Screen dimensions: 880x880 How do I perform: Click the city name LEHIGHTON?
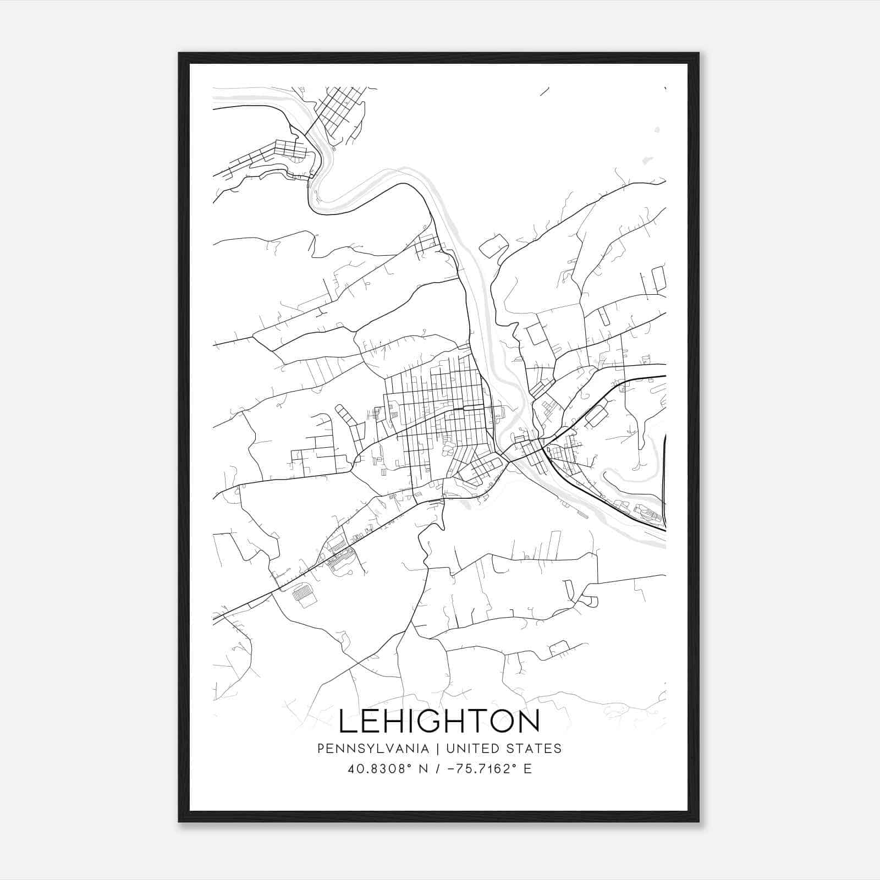point(439,722)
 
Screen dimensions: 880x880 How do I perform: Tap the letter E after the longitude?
point(527,769)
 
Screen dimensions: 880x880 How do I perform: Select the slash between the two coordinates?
point(438,769)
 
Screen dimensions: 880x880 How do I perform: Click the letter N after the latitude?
point(424,769)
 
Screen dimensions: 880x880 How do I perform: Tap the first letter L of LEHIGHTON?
point(348,722)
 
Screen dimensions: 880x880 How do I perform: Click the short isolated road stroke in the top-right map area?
point(545,91)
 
